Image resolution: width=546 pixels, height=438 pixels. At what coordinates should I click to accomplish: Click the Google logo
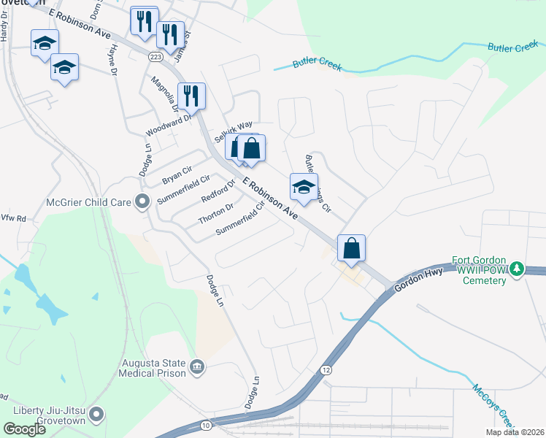[24, 429]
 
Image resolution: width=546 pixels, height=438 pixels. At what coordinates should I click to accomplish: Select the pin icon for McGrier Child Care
[142, 201]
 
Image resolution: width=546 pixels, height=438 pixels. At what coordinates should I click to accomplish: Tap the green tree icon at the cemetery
[517, 269]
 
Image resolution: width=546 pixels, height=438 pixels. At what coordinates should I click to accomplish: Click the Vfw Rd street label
[13, 218]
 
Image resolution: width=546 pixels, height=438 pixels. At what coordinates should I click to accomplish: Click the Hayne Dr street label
[113, 58]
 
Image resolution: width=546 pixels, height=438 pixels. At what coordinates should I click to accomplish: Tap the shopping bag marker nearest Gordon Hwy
[351, 248]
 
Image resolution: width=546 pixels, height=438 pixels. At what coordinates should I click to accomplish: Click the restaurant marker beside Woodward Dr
[191, 95]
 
